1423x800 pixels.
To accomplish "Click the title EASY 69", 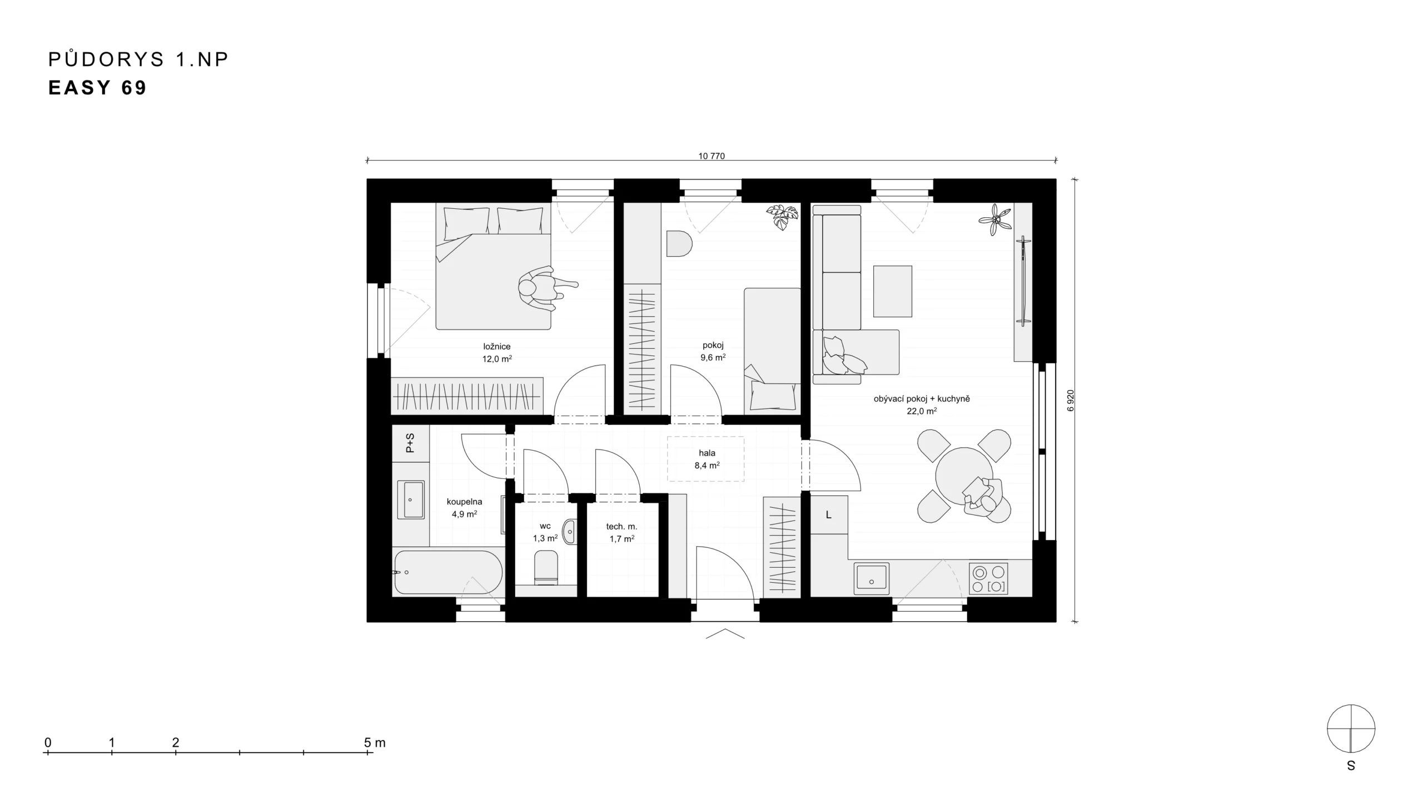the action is click(97, 88).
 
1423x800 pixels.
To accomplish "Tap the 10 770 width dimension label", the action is click(711, 156).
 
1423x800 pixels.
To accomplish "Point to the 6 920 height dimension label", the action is click(1071, 401).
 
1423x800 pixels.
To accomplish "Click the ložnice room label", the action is click(497, 346).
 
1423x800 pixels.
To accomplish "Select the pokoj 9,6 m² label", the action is click(713, 351).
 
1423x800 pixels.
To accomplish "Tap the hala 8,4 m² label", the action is click(707, 459).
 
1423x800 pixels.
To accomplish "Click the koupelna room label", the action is click(465, 502).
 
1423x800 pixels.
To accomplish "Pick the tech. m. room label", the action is click(621, 526).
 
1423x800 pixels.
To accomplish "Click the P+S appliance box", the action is click(411, 443).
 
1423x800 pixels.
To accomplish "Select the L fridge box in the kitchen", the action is click(829, 515).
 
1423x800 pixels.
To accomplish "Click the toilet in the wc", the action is click(546, 567).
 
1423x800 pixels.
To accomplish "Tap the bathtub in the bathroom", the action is click(448, 572).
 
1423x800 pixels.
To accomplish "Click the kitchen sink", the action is click(872, 579).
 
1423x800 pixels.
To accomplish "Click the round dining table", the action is click(963, 476).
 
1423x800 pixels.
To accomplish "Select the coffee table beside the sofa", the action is click(893, 291).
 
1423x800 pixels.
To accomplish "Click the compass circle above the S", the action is click(1351, 728).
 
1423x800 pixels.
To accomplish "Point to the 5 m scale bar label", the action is click(375, 742).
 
